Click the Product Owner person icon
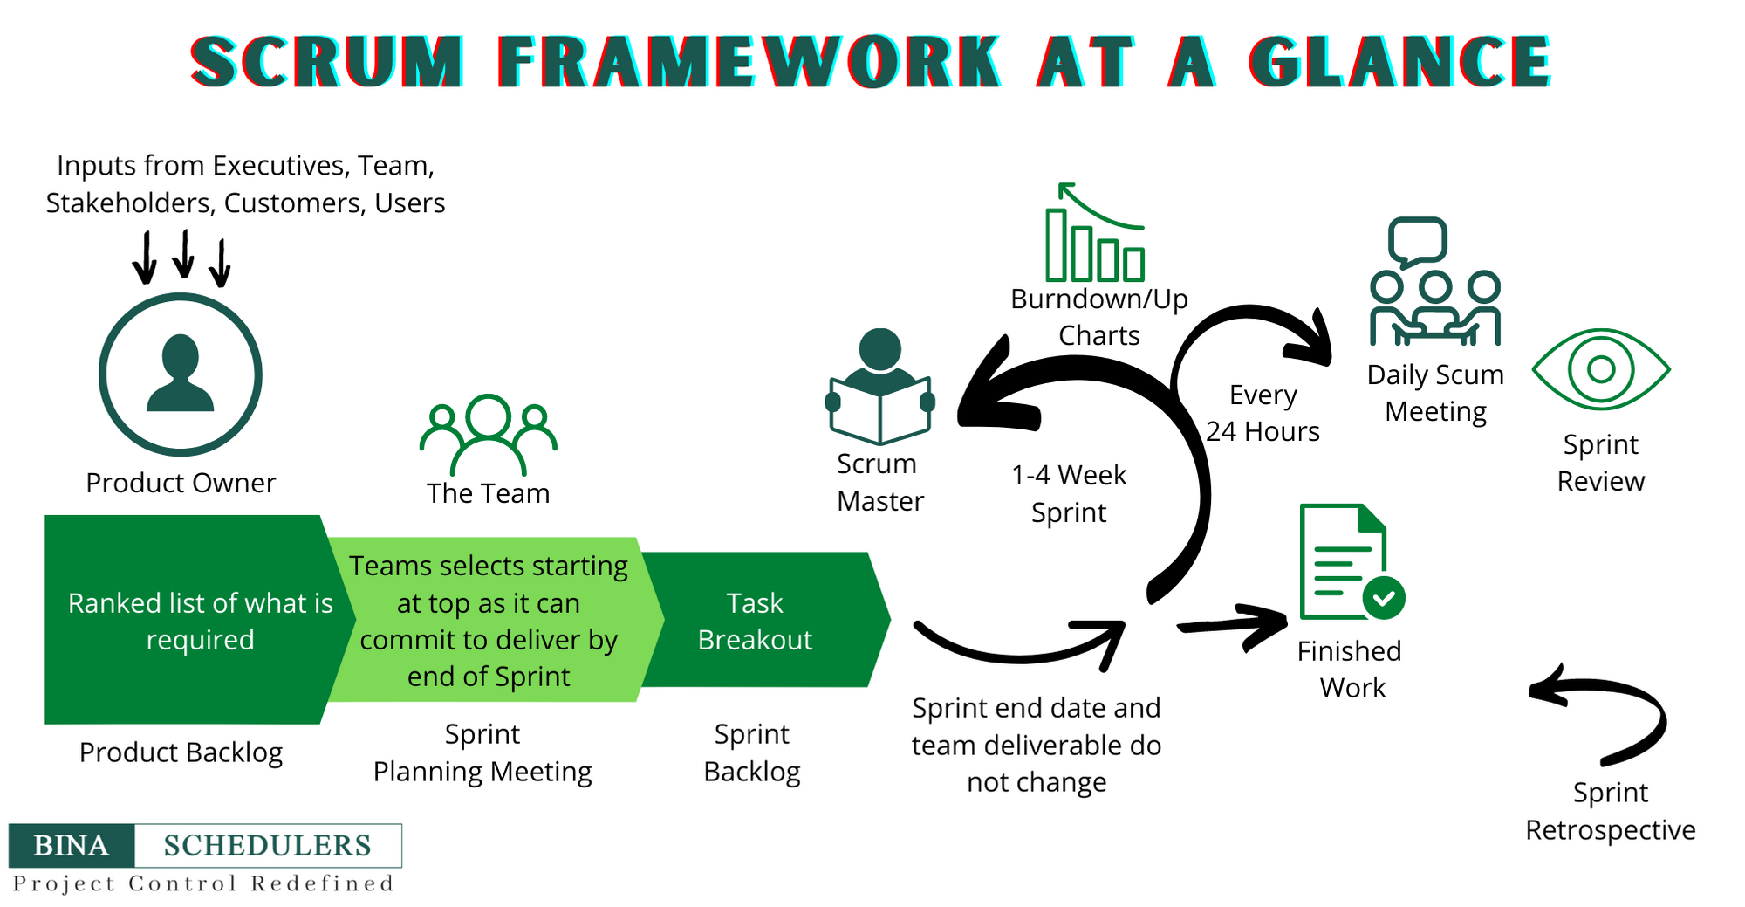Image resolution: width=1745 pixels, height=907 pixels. pyautogui.click(x=181, y=374)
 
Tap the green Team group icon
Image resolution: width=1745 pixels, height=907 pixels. pyautogui.click(x=488, y=433)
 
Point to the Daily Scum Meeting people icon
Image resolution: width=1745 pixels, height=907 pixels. pyautogui.click(x=1434, y=284)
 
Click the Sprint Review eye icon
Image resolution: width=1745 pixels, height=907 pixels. pyautogui.click(x=1601, y=369)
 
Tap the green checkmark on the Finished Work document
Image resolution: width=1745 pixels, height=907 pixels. pyautogui.click(x=1384, y=598)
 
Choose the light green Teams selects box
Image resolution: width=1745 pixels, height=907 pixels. pyautogui.click(x=489, y=620)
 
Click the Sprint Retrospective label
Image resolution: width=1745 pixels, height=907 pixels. pyautogui.click(x=1610, y=811)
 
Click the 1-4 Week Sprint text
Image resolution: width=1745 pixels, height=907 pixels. pyautogui.click(x=1069, y=493)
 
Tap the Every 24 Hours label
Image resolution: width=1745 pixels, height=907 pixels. pyautogui.click(x=1263, y=413)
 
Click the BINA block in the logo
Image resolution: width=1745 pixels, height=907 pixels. pyautogui.click(x=72, y=845)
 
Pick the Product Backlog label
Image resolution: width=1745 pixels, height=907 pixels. pyautogui.click(x=181, y=752)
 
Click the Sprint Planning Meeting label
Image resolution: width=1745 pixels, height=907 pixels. pyautogui.click(x=482, y=752)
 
